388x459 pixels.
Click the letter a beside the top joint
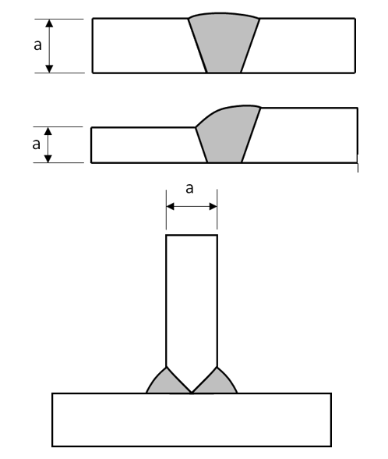click(37, 45)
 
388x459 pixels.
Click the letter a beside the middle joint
click(36, 144)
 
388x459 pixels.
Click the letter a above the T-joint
click(189, 189)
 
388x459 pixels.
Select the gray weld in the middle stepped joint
click(227, 136)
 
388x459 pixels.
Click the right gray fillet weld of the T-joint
click(216, 382)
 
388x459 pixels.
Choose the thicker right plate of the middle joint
click(304, 135)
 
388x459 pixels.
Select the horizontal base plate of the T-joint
click(192, 420)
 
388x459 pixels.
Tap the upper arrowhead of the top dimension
click(49, 23)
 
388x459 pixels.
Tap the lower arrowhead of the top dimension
click(49, 69)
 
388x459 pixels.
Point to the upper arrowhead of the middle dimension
click(48, 131)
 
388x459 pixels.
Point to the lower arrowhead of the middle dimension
click(48, 158)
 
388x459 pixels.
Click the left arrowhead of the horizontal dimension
click(170, 207)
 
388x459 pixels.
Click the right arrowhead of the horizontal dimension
click(213, 207)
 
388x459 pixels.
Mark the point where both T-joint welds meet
click(192, 393)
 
